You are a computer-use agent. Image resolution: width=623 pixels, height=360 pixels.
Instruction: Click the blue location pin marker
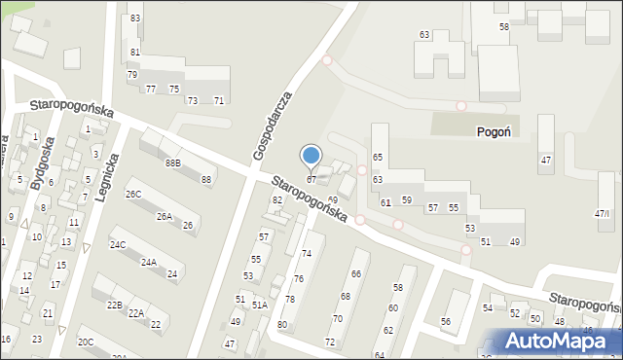pyautogui.click(x=311, y=156)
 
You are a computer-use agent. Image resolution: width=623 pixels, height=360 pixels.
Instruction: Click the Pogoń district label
pyautogui.click(x=495, y=131)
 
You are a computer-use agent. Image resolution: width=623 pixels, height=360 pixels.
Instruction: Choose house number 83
pyautogui.click(x=135, y=18)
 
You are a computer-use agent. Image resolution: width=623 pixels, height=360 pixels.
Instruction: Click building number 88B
pyautogui.click(x=172, y=162)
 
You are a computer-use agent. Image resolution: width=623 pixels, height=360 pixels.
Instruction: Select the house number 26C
pyautogui.click(x=133, y=195)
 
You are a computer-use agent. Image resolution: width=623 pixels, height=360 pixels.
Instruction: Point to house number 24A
pyautogui.click(x=148, y=263)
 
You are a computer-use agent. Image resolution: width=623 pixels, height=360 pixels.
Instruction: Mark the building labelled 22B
pyautogui.click(x=114, y=306)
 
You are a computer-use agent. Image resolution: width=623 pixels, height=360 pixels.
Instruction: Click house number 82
pyautogui.click(x=277, y=199)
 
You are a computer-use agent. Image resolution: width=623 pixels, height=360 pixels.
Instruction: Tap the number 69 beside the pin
pyautogui.click(x=332, y=199)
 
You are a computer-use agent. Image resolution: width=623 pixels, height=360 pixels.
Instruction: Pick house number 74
pyautogui.click(x=306, y=253)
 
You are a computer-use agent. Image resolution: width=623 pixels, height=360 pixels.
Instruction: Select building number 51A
pyautogui.click(x=259, y=305)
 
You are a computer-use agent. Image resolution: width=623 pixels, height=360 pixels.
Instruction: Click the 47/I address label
pyautogui.click(x=603, y=213)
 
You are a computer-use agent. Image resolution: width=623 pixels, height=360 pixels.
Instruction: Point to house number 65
pyautogui.click(x=377, y=158)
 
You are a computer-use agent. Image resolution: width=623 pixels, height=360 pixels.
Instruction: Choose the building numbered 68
pyautogui.click(x=345, y=296)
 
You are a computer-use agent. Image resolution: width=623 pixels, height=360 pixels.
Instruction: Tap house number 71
pyautogui.click(x=219, y=101)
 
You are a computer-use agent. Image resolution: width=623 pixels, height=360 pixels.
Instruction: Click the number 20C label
pyautogui.click(x=86, y=342)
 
